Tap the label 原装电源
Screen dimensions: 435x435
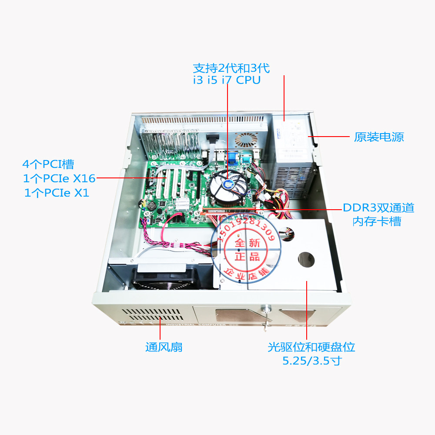pos(379,137)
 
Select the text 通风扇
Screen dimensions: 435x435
pos(164,347)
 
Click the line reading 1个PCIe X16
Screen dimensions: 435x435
pos(59,178)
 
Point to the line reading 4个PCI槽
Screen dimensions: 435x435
pos(48,164)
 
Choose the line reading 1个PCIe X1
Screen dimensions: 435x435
pos(57,193)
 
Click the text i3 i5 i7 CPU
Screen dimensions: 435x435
pos(227,80)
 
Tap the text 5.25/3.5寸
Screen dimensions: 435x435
pos(311,361)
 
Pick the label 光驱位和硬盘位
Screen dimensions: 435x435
pos(311,347)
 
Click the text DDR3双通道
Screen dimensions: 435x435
pos(378,208)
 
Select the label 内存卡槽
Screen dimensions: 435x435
pos(377,221)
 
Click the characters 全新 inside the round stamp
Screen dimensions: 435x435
pos(248,242)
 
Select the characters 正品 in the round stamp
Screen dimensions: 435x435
pos(247,256)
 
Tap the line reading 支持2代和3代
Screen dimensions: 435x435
pos(231,68)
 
